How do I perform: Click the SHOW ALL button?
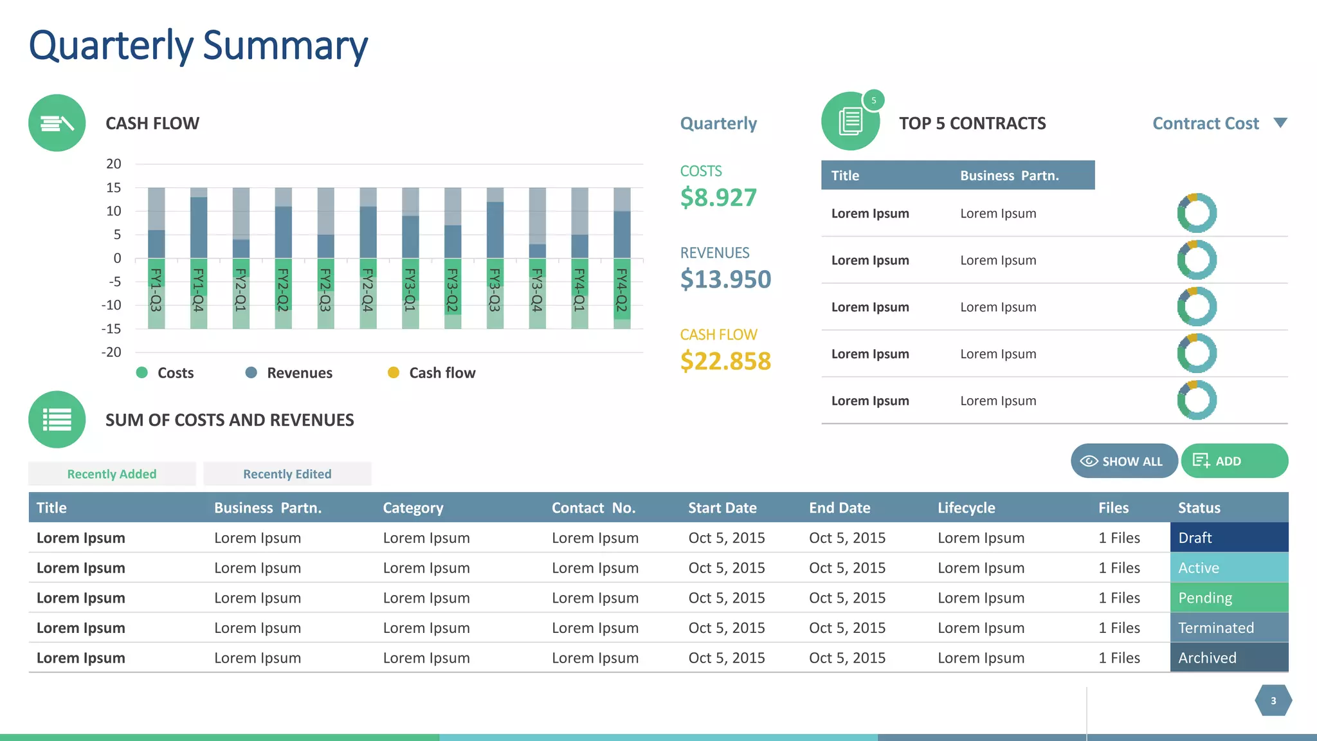pyautogui.click(x=1123, y=461)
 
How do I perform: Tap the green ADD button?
pyautogui.click(x=1234, y=461)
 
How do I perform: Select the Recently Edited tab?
pyautogui.click(x=287, y=474)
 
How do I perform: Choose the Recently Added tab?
pyautogui.click(x=112, y=474)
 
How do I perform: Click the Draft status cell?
pyautogui.click(x=1228, y=538)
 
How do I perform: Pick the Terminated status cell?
pyautogui.click(x=1228, y=628)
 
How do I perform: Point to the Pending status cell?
pyautogui.click(x=1228, y=598)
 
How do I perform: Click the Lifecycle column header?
pyautogui.click(x=966, y=508)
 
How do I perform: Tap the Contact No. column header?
pyautogui.click(x=593, y=508)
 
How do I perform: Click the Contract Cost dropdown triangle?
pyautogui.click(x=1280, y=123)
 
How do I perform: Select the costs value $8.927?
pyautogui.click(x=718, y=197)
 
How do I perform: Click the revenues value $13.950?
pyautogui.click(x=725, y=279)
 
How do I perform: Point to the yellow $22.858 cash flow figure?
pyautogui.click(x=725, y=361)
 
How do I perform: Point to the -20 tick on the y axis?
pyautogui.click(x=111, y=352)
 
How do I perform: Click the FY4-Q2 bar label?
pyautogui.click(x=621, y=291)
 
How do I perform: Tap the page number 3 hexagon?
pyautogui.click(x=1273, y=700)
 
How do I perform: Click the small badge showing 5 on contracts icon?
pyautogui.click(x=873, y=100)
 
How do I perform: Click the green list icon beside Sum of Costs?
pyautogui.click(x=57, y=419)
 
